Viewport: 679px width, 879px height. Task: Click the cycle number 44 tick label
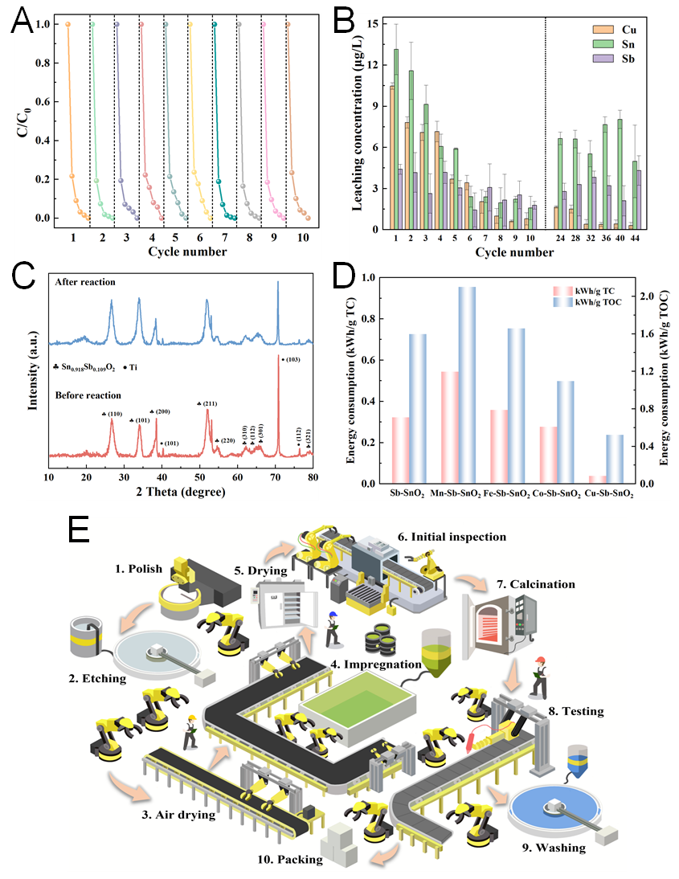click(635, 239)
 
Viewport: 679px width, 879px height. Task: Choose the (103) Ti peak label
click(292, 359)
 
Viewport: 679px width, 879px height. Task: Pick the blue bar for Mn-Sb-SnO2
click(466, 385)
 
